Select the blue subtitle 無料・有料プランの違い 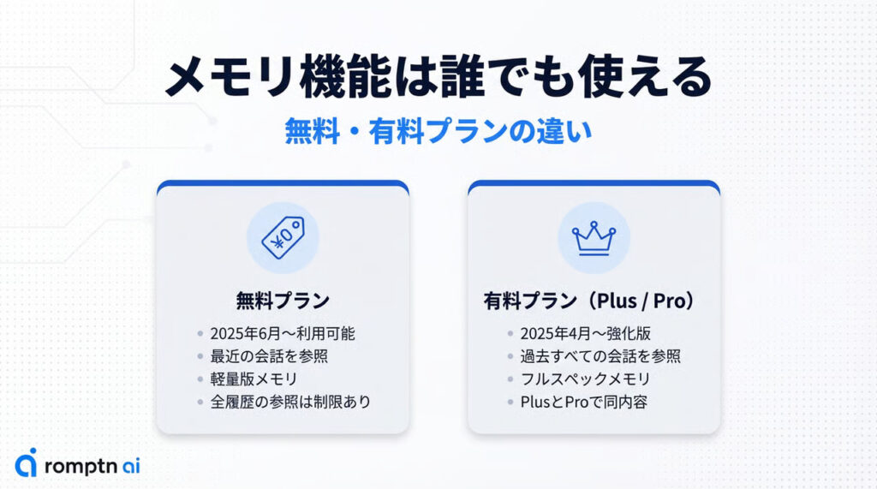[438, 132]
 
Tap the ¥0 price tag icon [283, 238]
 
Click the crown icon [594, 238]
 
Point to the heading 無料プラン [283, 301]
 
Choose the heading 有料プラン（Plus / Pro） [594, 301]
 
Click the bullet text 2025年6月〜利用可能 [283, 333]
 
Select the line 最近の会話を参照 [269, 356]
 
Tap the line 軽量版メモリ [254, 379]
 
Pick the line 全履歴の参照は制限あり [290, 402]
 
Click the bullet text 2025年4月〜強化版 [586, 333]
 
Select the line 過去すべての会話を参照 [600, 356]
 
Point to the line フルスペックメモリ [585, 379]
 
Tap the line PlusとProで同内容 [584, 402]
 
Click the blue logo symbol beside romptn [27, 462]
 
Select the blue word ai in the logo [131, 465]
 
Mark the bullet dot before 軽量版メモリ [200, 379]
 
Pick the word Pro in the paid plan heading [669, 301]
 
